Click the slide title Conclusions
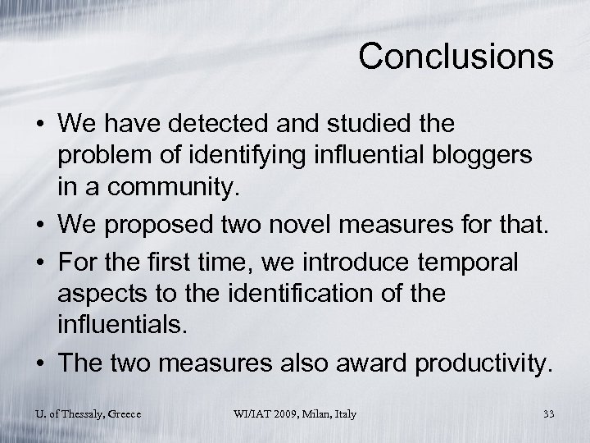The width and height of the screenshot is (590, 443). pyautogui.click(x=456, y=57)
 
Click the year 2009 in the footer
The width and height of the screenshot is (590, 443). pyautogui.click(x=277, y=413)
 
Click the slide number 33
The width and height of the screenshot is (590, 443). pyautogui.click(x=548, y=413)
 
